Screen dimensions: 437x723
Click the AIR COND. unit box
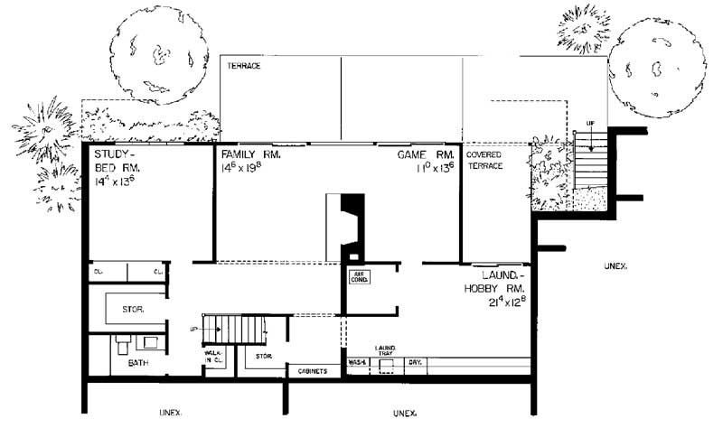pos(359,278)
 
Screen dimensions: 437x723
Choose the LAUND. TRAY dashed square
pos(386,362)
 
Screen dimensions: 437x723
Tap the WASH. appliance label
pos(356,362)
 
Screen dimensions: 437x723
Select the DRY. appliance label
pos(417,362)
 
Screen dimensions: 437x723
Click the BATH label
pos(137,363)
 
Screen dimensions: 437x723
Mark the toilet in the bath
pos(121,342)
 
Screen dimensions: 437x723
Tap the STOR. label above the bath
pos(132,310)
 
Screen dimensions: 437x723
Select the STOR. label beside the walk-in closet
pos(264,357)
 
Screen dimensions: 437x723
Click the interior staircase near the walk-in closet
pos(232,328)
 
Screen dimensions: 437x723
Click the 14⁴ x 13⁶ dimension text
pos(114,181)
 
